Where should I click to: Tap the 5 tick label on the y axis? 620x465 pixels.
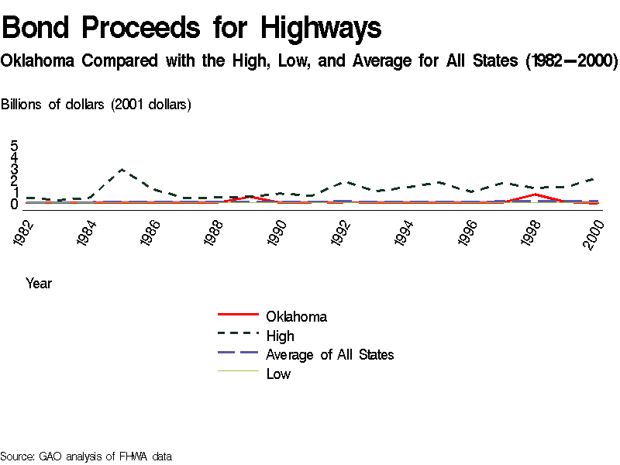pos(14,146)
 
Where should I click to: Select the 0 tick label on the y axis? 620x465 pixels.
pos(14,204)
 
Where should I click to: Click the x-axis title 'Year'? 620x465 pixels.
pos(39,284)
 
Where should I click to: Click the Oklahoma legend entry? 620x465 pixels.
pos(296,316)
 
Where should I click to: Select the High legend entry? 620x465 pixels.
pos(280,336)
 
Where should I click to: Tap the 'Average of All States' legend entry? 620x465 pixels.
pos(329,355)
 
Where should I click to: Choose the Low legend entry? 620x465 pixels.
pos(278,374)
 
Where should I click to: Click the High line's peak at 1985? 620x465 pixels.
pos(122,169)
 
